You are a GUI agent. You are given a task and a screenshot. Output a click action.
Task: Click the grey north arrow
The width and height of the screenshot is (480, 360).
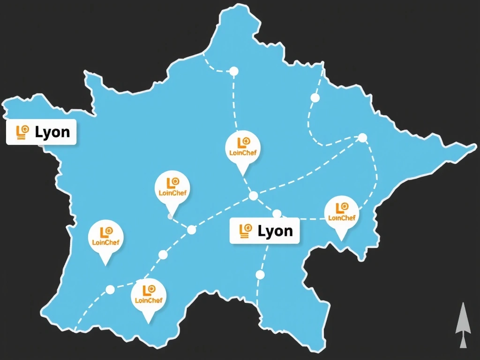pyautogui.click(x=463, y=325)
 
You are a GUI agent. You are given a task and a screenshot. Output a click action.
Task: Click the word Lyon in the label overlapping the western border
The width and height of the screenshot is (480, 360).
pyautogui.click(x=52, y=132)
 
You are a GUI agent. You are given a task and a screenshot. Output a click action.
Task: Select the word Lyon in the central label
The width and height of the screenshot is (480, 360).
pyautogui.click(x=275, y=231)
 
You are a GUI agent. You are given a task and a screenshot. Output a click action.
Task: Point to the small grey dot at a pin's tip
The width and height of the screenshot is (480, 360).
pyautogui.click(x=170, y=217)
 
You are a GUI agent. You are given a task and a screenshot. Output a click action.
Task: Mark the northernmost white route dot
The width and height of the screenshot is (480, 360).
pyautogui.click(x=233, y=71)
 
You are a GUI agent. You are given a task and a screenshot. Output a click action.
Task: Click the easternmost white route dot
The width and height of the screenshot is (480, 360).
pyautogui.click(x=362, y=137)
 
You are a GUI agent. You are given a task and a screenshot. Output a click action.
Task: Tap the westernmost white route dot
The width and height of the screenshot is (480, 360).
pyautogui.click(x=110, y=290)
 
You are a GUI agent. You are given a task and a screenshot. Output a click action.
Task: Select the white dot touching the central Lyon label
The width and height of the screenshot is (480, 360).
pyautogui.click(x=277, y=214)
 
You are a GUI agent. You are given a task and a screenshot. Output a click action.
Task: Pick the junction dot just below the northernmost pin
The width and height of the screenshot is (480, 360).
pyautogui.click(x=253, y=196)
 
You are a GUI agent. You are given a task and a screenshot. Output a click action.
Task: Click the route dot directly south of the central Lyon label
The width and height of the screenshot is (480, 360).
pyautogui.click(x=260, y=275)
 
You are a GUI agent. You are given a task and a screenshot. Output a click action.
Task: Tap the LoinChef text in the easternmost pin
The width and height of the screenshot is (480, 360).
pyautogui.click(x=342, y=217)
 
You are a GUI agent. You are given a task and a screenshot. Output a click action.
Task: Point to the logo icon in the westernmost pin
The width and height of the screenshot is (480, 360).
pyautogui.click(x=106, y=232)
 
